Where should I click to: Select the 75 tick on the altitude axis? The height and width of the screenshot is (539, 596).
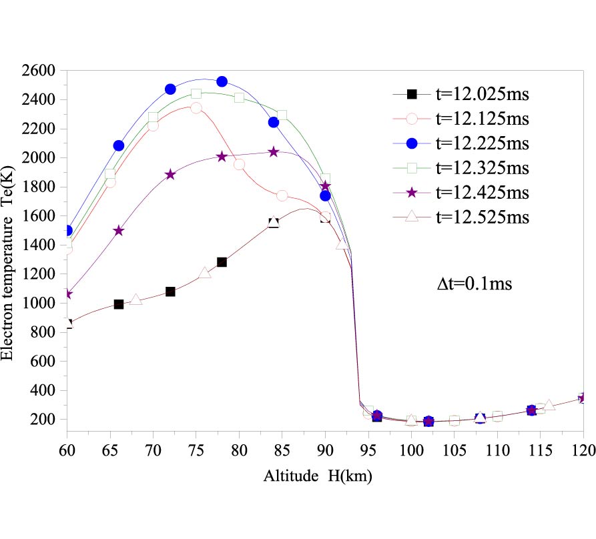[196, 444]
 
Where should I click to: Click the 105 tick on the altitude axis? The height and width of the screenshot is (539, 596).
[454, 444]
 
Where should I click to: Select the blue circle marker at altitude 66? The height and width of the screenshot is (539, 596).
[119, 145]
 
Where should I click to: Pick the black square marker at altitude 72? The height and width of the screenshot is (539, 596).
[170, 292]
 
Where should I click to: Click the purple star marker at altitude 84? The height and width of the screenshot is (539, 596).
[274, 152]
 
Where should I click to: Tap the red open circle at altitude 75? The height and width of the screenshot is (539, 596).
[196, 108]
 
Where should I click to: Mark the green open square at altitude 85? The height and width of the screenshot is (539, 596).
[282, 115]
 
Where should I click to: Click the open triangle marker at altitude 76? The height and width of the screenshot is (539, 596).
[205, 273]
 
